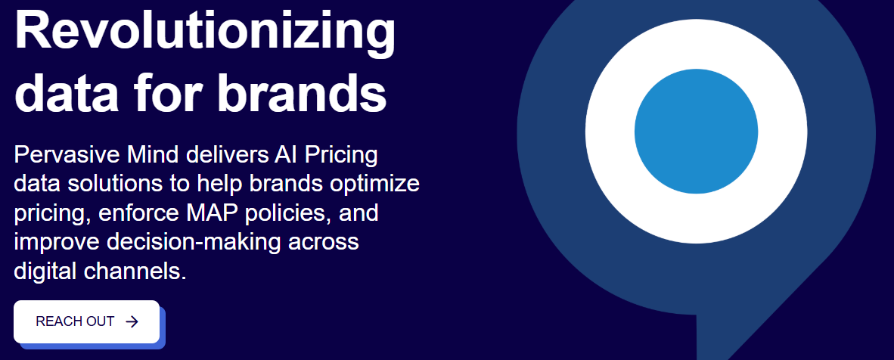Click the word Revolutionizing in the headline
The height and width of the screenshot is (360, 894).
205,33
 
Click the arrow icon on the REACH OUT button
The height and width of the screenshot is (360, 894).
132,321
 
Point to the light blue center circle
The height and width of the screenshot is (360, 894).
696,132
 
